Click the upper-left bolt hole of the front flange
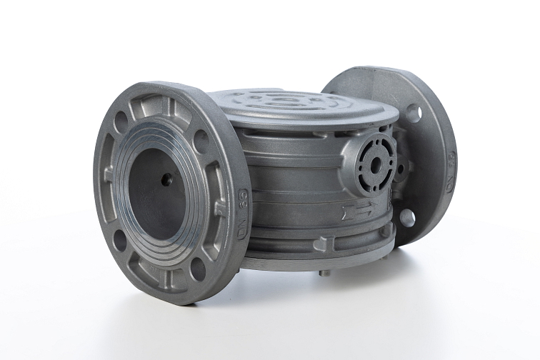(x=121, y=122)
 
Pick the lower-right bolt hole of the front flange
(x=198, y=268)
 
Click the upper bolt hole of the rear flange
(x=413, y=113)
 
